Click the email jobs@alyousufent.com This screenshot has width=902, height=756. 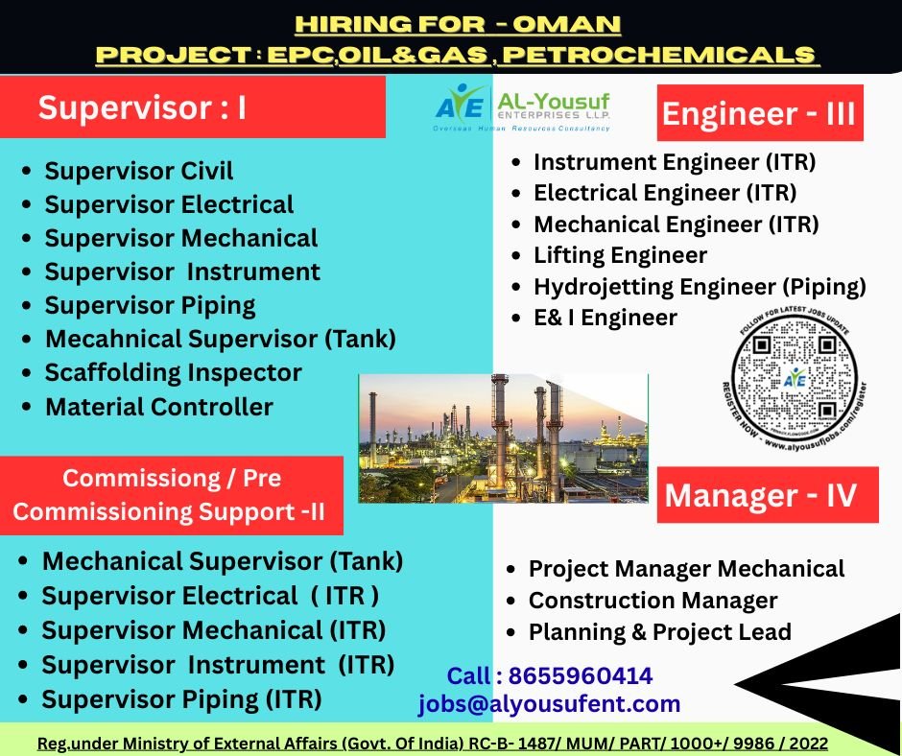click(549, 704)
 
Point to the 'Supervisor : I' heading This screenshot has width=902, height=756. click(142, 107)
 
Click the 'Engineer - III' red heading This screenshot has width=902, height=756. click(758, 114)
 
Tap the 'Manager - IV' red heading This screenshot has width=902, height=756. click(760, 495)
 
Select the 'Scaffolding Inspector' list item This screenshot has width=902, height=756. click(173, 372)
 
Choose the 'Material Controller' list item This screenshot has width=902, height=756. click(158, 407)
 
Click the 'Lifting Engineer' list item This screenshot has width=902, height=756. click(620, 255)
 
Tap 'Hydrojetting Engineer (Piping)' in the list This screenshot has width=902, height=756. click(700, 287)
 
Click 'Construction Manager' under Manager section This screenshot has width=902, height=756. click(653, 601)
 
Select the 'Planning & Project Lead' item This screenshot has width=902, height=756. click(659, 632)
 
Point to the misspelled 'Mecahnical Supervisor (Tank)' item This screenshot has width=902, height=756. click(220, 339)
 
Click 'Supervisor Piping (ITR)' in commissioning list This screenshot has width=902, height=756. click(181, 698)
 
